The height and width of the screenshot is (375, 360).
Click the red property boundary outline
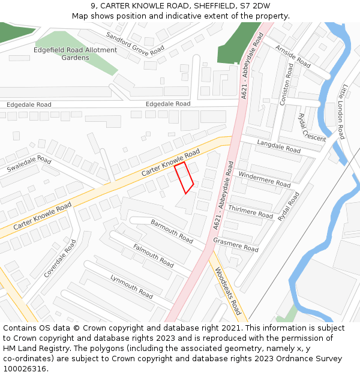(184, 178)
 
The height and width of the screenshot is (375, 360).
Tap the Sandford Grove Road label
(136, 43)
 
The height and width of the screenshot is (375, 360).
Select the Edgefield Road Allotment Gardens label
(75, 54)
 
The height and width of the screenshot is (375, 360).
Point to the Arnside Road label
(293, 56)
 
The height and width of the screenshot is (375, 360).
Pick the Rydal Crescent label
(311, 128)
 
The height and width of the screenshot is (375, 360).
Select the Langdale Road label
(278, 146)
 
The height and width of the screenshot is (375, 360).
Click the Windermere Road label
(264, 179)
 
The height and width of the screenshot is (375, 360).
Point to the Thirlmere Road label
(251, 211)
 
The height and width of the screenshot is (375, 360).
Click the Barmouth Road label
(172, 231)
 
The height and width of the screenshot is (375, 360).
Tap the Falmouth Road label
(153, 256)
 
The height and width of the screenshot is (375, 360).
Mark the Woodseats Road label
(228, 291)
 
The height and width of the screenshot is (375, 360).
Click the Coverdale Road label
(60, 259)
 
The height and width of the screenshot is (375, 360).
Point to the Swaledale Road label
(29, 163)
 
